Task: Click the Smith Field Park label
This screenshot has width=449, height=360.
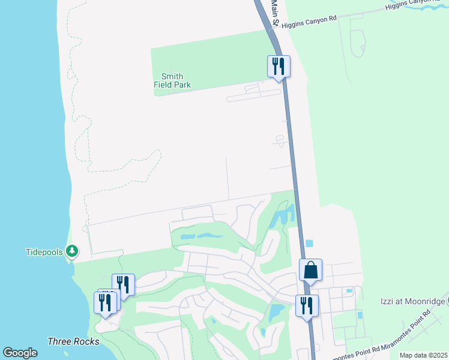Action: point(172,80)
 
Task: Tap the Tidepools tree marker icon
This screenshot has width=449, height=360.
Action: point(72,250)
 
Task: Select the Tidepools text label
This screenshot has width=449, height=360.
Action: point(44,252)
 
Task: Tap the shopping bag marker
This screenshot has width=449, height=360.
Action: point(310,271)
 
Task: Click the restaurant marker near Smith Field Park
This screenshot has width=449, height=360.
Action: point(278,66)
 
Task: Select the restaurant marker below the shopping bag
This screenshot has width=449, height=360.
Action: point(307,306)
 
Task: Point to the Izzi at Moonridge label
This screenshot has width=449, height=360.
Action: point(412,301)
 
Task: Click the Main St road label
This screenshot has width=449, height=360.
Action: point(275,12)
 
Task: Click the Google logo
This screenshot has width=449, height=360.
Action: point(20,353)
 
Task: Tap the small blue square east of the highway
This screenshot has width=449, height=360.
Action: point(309,244)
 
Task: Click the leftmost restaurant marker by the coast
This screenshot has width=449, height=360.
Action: point(104,302)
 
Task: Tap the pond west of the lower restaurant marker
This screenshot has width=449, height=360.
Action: point(277,311)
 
